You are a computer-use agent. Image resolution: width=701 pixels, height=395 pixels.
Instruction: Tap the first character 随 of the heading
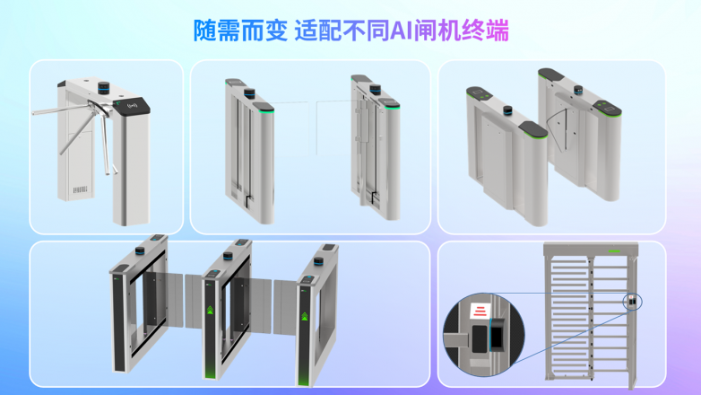coord(204,31)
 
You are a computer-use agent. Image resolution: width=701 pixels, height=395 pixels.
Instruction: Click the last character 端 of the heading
coord(498,31)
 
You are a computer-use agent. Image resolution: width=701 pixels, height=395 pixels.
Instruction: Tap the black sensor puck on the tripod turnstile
coord(104,88)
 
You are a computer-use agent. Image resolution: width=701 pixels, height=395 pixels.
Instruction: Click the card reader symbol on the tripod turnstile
coord(133,106)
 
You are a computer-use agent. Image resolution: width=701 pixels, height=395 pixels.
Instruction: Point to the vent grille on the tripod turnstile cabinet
coord(80,190)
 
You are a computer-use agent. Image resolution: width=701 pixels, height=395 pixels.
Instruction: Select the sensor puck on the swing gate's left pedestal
coord(249,93)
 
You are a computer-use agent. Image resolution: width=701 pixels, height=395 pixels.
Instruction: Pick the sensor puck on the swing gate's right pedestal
coord(375,89)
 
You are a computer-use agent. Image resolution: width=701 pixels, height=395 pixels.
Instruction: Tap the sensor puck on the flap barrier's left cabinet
coord(507,110)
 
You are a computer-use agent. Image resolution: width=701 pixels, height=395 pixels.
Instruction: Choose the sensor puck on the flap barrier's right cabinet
coord(578,90)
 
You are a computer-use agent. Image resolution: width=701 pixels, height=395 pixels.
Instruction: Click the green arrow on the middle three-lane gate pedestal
coord(210,310)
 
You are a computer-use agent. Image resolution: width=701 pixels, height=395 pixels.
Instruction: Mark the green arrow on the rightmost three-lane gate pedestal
coord(305,316)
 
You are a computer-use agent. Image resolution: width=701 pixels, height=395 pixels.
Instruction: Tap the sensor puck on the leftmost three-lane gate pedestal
coord(140,250)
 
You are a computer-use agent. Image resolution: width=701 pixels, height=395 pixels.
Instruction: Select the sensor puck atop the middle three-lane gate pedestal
coord(228,256)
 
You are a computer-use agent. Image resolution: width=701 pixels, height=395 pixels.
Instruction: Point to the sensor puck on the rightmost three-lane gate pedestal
coord(318,261)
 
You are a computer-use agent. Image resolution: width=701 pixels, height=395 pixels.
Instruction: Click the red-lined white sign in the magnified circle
coord(480,311)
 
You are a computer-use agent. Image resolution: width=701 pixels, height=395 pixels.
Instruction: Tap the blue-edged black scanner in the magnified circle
coord(497,334)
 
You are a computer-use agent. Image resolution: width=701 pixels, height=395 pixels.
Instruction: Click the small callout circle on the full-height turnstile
coord(633,302)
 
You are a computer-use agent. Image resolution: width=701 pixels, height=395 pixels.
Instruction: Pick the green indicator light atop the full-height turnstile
coord(614,251)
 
